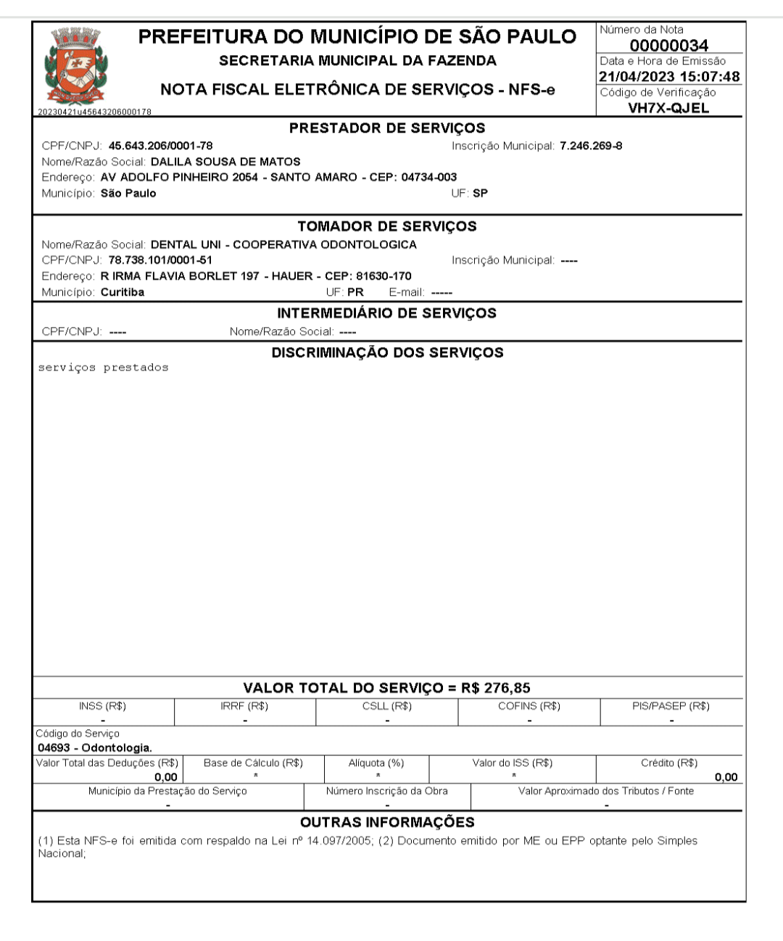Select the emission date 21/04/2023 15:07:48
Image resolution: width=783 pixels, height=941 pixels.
click(669, 77)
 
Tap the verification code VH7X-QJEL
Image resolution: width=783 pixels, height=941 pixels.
click(668, 109)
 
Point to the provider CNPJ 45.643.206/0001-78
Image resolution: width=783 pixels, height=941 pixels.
click(160, 146)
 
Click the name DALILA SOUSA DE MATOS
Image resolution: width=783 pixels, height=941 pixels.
click(225, 162)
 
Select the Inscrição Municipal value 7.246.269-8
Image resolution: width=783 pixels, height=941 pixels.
click(591, 146)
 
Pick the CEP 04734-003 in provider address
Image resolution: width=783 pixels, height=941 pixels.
click(429, 177)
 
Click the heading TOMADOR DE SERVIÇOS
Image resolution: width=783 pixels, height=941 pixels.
click(387, 226)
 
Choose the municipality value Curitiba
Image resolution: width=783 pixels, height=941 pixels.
click(123, 292)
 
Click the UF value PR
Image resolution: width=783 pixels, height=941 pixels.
click(355, 292)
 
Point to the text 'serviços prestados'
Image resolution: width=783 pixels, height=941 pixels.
click(103, 368)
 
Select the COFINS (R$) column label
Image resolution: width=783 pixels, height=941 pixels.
click(529, 706)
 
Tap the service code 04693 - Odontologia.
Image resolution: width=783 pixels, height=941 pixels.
click(95, 748)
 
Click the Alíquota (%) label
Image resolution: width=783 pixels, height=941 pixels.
click(376, 763)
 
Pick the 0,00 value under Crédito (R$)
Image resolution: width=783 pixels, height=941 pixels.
click(726, 777)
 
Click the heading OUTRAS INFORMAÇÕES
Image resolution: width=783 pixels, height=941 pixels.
click(387, 822)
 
